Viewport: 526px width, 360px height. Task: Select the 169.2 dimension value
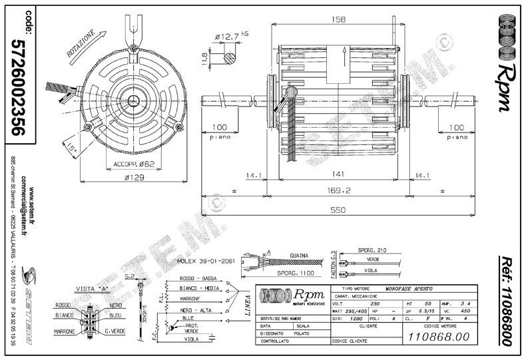pos(338,190)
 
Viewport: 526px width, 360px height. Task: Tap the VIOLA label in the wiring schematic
pos(192,339)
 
